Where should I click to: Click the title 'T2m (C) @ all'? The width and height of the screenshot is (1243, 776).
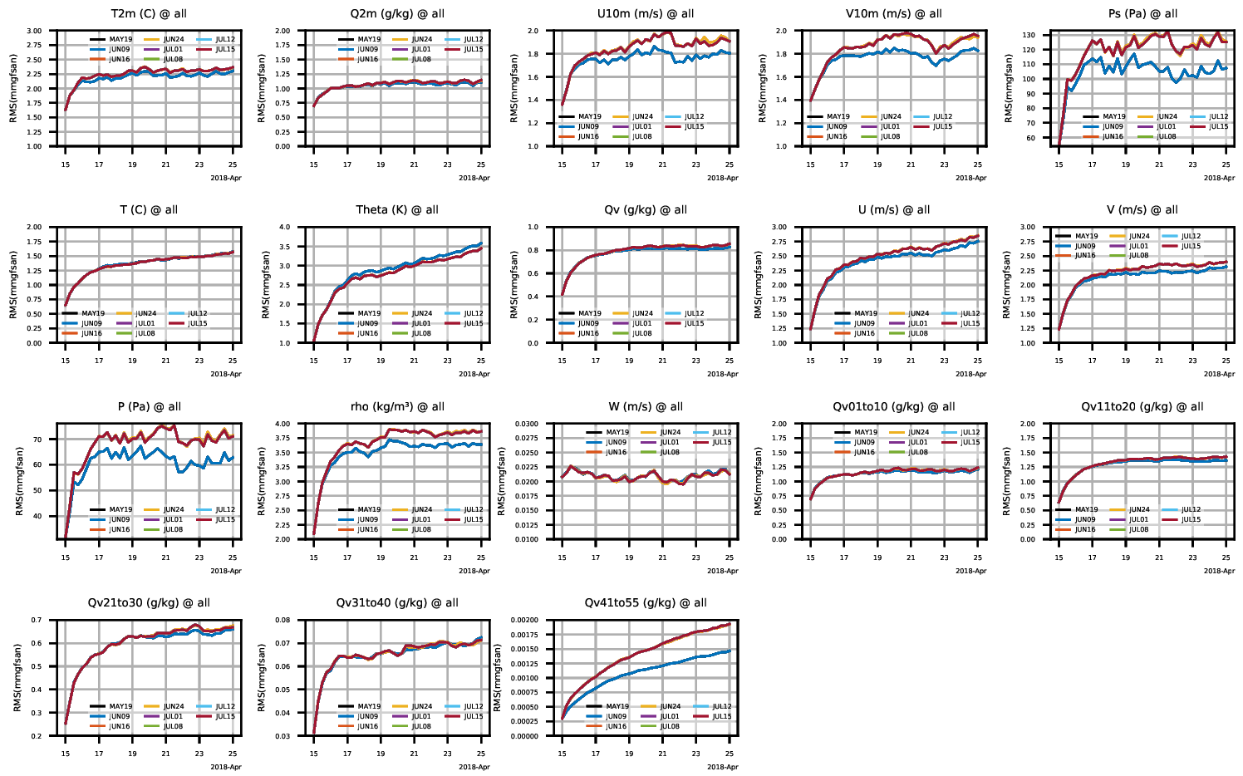(x=149, y=14)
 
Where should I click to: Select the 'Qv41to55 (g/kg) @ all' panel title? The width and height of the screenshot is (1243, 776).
(x=646, y=603)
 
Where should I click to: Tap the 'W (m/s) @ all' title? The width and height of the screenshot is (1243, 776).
(x=646, y=407)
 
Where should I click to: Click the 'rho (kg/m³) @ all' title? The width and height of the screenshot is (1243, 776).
(x=397, y=407)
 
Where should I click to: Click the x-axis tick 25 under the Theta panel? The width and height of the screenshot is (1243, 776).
(x=481, y=361)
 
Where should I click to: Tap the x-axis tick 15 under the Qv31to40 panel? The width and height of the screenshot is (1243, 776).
(x=314, y=754)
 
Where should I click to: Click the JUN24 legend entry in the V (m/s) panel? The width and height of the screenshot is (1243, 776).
(x=1139, y=237)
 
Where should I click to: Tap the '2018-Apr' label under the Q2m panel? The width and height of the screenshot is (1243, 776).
(x=474, y=178)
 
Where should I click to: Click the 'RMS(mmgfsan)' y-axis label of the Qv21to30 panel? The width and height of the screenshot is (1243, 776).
(x=17, y=678)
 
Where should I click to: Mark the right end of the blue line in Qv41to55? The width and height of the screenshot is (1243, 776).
(x=730, y=651)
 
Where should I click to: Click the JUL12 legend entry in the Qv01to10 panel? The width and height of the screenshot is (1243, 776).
(x=970, y=433)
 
